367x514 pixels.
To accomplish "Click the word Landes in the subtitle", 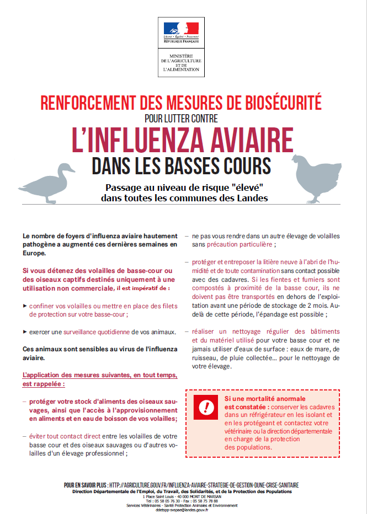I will pyautogui.click(x=252, y=198).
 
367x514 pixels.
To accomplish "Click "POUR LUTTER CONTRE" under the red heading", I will pyautogui.click(x=181, y=117).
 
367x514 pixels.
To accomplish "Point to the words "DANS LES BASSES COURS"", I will pyautogui.click(x=182, y=165).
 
